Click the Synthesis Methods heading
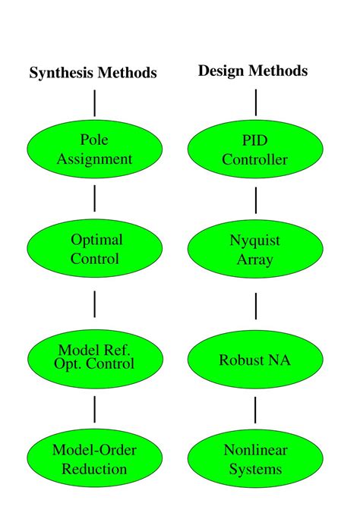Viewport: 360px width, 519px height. [x=93, y=73]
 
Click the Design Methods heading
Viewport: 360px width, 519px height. [x=253, y=71]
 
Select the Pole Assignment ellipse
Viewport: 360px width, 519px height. [x=95, y=149]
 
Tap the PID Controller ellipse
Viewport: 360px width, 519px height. [x=255, y=149]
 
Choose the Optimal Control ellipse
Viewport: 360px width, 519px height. [x=95, y=250]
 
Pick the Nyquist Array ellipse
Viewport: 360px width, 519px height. [x=255, y=250]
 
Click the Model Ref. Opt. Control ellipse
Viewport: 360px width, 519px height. [x=95, y=357]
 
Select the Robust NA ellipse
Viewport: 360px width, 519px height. [x=255, y=360]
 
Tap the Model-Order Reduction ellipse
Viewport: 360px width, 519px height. [x=95, y=459]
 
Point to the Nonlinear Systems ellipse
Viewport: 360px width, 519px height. [x=255, y=459]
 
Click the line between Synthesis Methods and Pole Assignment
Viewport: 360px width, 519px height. [x=95, y=102]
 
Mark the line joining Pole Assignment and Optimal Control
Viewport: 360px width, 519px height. [x=95, y=199]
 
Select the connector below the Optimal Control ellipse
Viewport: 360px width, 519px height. [x=95, y=304]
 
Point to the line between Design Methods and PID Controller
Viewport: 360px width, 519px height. [x=256, y=102]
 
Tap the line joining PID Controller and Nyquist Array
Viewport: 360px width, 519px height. [x=256, y=200]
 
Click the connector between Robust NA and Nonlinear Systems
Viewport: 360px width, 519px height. [x=256, y=409]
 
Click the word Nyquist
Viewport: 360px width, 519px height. [x=255, y=241]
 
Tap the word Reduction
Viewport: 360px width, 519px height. [x=95, y=468]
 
